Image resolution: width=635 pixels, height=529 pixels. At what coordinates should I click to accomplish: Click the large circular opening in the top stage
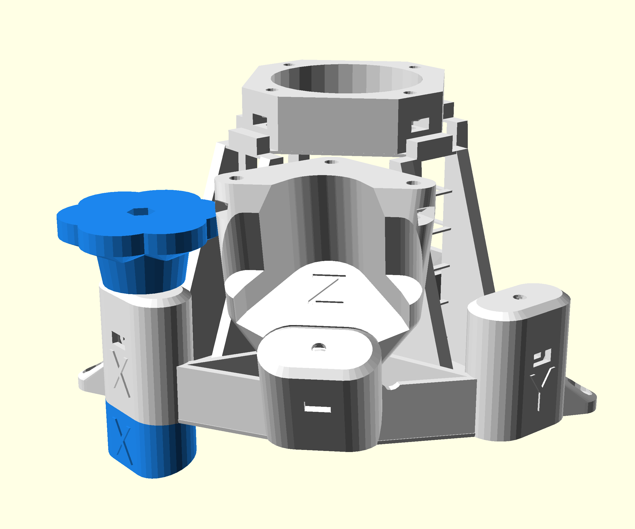coord(346,79)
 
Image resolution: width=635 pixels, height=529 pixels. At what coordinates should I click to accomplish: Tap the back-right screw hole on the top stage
coord(415,67)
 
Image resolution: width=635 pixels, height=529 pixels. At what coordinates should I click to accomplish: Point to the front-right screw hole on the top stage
coord(410,93)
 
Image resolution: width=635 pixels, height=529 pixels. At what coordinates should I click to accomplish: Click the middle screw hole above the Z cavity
coord(331,162)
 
